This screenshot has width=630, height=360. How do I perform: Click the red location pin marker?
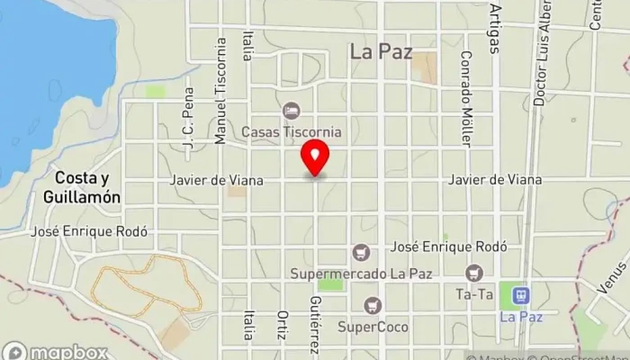pos(315,158)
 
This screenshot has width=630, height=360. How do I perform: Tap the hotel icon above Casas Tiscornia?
pos(291,111)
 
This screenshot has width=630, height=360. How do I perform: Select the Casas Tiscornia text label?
pos(291,131)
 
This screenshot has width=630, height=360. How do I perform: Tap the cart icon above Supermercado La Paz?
pos(362,251)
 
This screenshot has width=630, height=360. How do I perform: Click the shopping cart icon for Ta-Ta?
pos(473,273)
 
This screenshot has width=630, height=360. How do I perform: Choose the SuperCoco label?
pos(373,326)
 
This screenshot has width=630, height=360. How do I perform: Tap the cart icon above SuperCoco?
pos(373,306)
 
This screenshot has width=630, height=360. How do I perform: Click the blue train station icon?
pos(519,294)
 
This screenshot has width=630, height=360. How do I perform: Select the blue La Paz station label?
pos(519,317)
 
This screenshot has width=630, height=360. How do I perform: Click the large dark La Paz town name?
pos(381,52)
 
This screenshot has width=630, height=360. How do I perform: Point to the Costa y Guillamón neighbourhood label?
pos(81,187)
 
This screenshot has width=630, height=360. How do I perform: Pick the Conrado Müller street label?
pos(465,99)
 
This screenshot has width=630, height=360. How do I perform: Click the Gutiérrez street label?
pos(314,325)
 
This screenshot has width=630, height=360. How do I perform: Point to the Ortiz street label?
pos(282,327)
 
